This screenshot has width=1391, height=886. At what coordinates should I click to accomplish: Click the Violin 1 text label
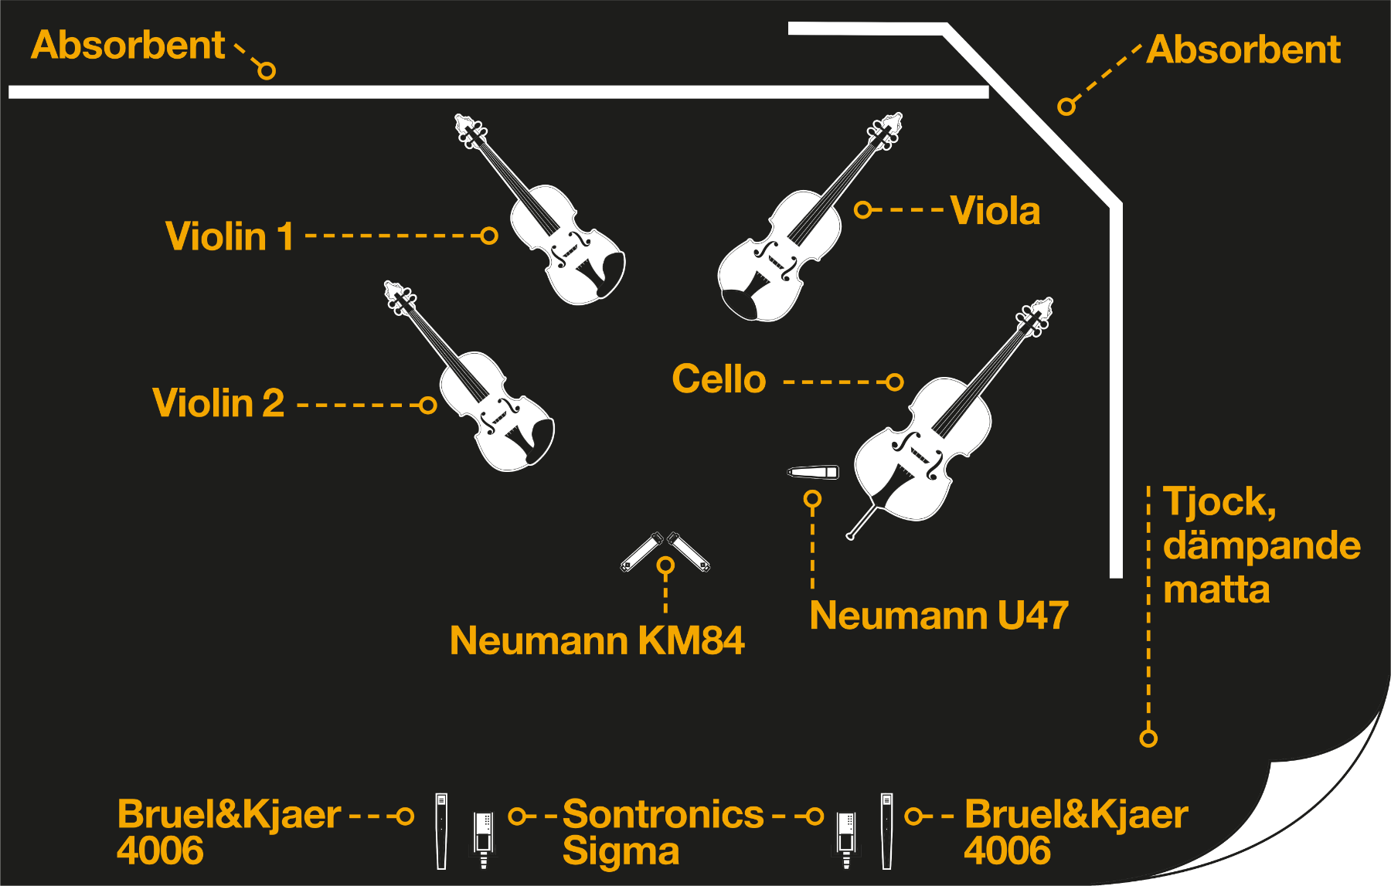(x=230, y=236)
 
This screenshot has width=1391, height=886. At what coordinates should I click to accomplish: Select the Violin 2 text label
(x=219, y=403)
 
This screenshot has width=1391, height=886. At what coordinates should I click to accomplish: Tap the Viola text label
(x=995, y=211)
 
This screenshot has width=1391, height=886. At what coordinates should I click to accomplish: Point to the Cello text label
(x=719, y=379)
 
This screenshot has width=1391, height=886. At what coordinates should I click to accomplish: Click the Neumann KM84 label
(x=597, y=640)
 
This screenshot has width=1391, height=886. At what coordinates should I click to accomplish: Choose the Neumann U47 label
(x=939, y=616)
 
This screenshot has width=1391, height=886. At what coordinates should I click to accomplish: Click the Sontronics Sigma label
(x=662, y=832)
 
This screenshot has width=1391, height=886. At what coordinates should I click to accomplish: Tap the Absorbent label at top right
(x=1243, y=49)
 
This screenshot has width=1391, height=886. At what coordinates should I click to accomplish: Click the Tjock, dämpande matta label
(x=1261, y=545)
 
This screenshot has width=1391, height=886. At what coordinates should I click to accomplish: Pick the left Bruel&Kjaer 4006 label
(x=229, y=832)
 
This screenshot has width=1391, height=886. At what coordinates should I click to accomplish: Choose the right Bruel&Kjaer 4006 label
(x=1076, y=832)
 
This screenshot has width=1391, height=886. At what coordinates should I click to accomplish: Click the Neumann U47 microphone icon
(x=813, y=472)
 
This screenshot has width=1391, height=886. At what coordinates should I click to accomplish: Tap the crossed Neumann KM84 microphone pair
(x=665, y=552)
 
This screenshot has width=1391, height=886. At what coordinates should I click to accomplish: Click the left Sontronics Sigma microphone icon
(x=484, y=839)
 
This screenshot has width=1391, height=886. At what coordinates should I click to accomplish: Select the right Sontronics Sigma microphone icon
(x=846, y=839)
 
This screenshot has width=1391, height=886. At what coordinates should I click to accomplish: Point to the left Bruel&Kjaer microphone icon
(x=441, y=831)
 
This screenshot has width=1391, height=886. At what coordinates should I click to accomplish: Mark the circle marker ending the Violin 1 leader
(x=488, y=236)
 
